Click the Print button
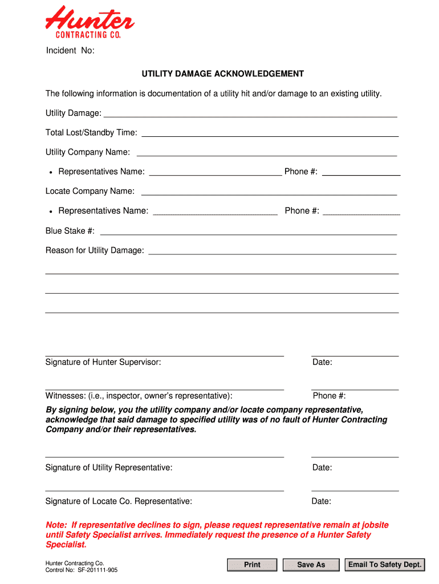(x=252, y=565)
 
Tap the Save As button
(x=311, y=565)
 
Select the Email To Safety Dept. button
(x=385, y=565)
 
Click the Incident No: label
(x=70, y=51)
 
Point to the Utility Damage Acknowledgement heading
(x=223, y=74)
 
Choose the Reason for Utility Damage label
(x=95, y=251)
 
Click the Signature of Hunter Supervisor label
(x=103, y=362)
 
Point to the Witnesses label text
(x=139, y=396)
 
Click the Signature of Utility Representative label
(x=109, y=468)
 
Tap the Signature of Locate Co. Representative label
(x=119, y=501)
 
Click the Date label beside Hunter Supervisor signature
(x=322, y=362)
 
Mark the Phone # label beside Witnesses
(x=329, y=396)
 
